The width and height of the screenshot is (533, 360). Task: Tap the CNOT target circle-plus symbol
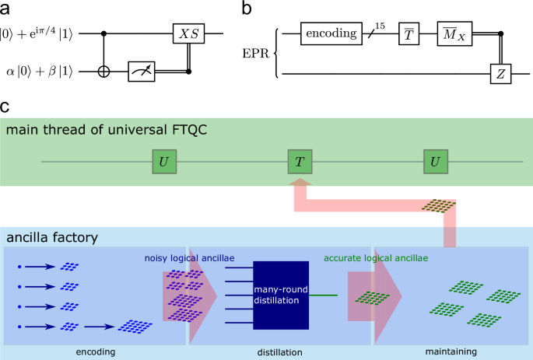pos(105,72)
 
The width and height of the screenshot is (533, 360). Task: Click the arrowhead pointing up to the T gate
pos(299,183)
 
